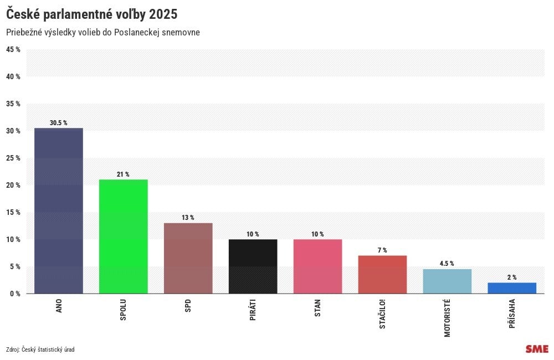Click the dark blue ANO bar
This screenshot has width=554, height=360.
tap(59, 210)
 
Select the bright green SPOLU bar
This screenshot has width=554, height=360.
tap(124, 236)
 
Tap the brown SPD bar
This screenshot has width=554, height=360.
tap(188, 258)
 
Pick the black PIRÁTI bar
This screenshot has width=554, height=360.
tap(253, 266)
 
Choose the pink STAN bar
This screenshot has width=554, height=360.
tap(318, 266)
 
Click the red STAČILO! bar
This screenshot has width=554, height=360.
tap(383, 275)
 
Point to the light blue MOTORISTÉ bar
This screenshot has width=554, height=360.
tap(447, 281)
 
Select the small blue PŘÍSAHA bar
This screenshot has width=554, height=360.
tap(512, 288)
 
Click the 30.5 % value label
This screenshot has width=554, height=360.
tap(58, 123)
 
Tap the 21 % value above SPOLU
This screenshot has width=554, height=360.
tap(123, 174)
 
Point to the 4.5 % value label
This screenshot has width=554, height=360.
tap(447, 264)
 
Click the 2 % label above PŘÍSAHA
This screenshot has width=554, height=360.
tap(511, 277)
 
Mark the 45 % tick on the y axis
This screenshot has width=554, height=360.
tap(13, 49)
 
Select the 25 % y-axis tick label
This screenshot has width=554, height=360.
tap(13, 158)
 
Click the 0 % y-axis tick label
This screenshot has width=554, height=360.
tap(15, 294)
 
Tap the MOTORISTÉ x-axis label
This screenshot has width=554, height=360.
tap(448, 318)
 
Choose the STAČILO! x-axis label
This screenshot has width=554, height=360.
tap(383, 315)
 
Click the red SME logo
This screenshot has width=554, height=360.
tap(537, 349)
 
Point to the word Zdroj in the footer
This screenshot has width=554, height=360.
tap(12, 349)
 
